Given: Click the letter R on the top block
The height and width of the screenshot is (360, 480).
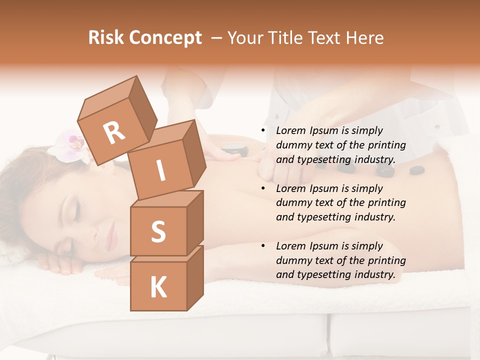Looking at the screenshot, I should (x=114, y=132).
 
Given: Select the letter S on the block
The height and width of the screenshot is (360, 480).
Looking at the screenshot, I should (x=158, y=232).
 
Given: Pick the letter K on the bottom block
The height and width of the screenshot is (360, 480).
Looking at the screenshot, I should (x=158, y=287).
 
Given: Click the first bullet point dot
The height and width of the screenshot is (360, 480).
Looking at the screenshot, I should (x=263, y=131).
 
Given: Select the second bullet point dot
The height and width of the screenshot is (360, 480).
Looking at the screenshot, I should (x=263, y=189).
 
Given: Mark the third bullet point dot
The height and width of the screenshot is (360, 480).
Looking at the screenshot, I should (x=263, y=246).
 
